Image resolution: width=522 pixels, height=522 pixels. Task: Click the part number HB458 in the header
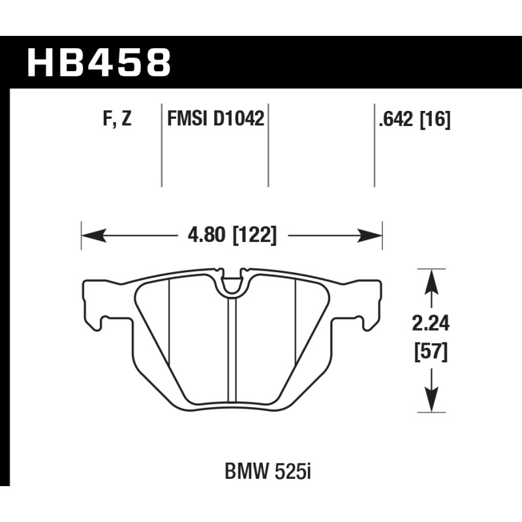tap(99, 62)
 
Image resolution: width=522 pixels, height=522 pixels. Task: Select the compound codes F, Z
tap(117, 119)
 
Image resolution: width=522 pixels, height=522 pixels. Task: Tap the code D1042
tap(238, 119)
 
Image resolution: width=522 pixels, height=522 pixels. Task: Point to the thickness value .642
tap(397, 119)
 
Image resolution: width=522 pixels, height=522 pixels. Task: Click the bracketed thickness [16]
tap(435, 119)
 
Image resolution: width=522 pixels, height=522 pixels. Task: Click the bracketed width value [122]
tap(254, 236)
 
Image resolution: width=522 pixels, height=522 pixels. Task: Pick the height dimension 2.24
tap(431, 324)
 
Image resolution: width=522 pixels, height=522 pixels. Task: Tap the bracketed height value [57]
tap(431, 352)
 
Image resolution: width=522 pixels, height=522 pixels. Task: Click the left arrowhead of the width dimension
tap(94, 236)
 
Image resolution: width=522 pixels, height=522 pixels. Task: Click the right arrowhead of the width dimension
tap(369, 236)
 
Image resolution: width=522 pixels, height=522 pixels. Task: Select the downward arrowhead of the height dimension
tap(431, 400)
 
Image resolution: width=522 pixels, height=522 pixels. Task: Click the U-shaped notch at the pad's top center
tap(233, 283)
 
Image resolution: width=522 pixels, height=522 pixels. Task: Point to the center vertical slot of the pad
tap(232, 350)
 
